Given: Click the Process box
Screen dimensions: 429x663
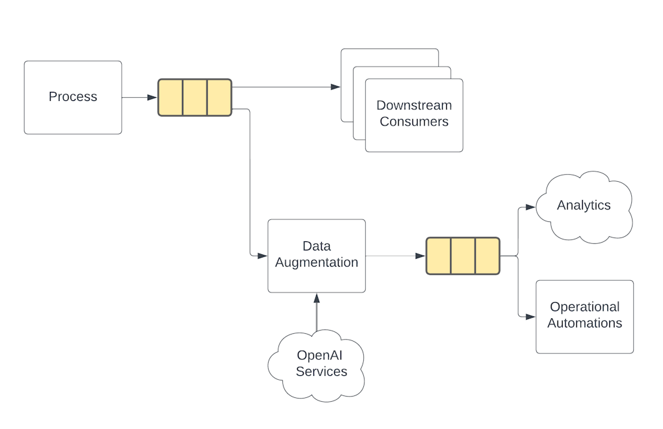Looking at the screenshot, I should pyautogui.click(x=73, y=97).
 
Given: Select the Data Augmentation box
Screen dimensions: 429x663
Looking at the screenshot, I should pyautogui.click(x=317, y=256).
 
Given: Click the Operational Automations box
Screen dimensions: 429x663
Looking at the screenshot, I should pyautogui.click(x=585, y=316).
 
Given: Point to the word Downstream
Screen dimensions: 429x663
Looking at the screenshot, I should pyautogui.click(x=414, y=105).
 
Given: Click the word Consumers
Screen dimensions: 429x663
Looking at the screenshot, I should pyautogui.click(x=414, y=122).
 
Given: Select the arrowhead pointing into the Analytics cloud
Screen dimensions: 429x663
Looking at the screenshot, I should pyautogui.click(x=530, y=207).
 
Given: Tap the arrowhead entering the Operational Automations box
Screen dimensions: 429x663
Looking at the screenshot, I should pyautogui.click(x=530, y=316).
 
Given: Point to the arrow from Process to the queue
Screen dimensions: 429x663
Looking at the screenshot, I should pyautogui.click(x=139, y=97).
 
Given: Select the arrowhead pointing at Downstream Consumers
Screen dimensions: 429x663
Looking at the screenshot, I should pyautogui.click(x=335, y=87).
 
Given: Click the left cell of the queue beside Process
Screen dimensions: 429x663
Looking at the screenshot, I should pyautogui.click(x=171, y=97).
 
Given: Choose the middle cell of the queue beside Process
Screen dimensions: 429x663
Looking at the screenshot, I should pyautogui.click(x=195, y=97).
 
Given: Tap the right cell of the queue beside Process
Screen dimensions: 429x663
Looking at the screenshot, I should pyautogui.click(x=219, y=97).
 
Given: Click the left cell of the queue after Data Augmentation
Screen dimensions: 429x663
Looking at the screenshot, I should pyautogui.click(x=439, y=256).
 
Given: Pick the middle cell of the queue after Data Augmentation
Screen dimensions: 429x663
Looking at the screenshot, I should pyautogui.click(x=463, y=256).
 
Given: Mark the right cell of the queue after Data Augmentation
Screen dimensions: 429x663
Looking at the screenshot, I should pyautogui.click(x=487, y=256).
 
